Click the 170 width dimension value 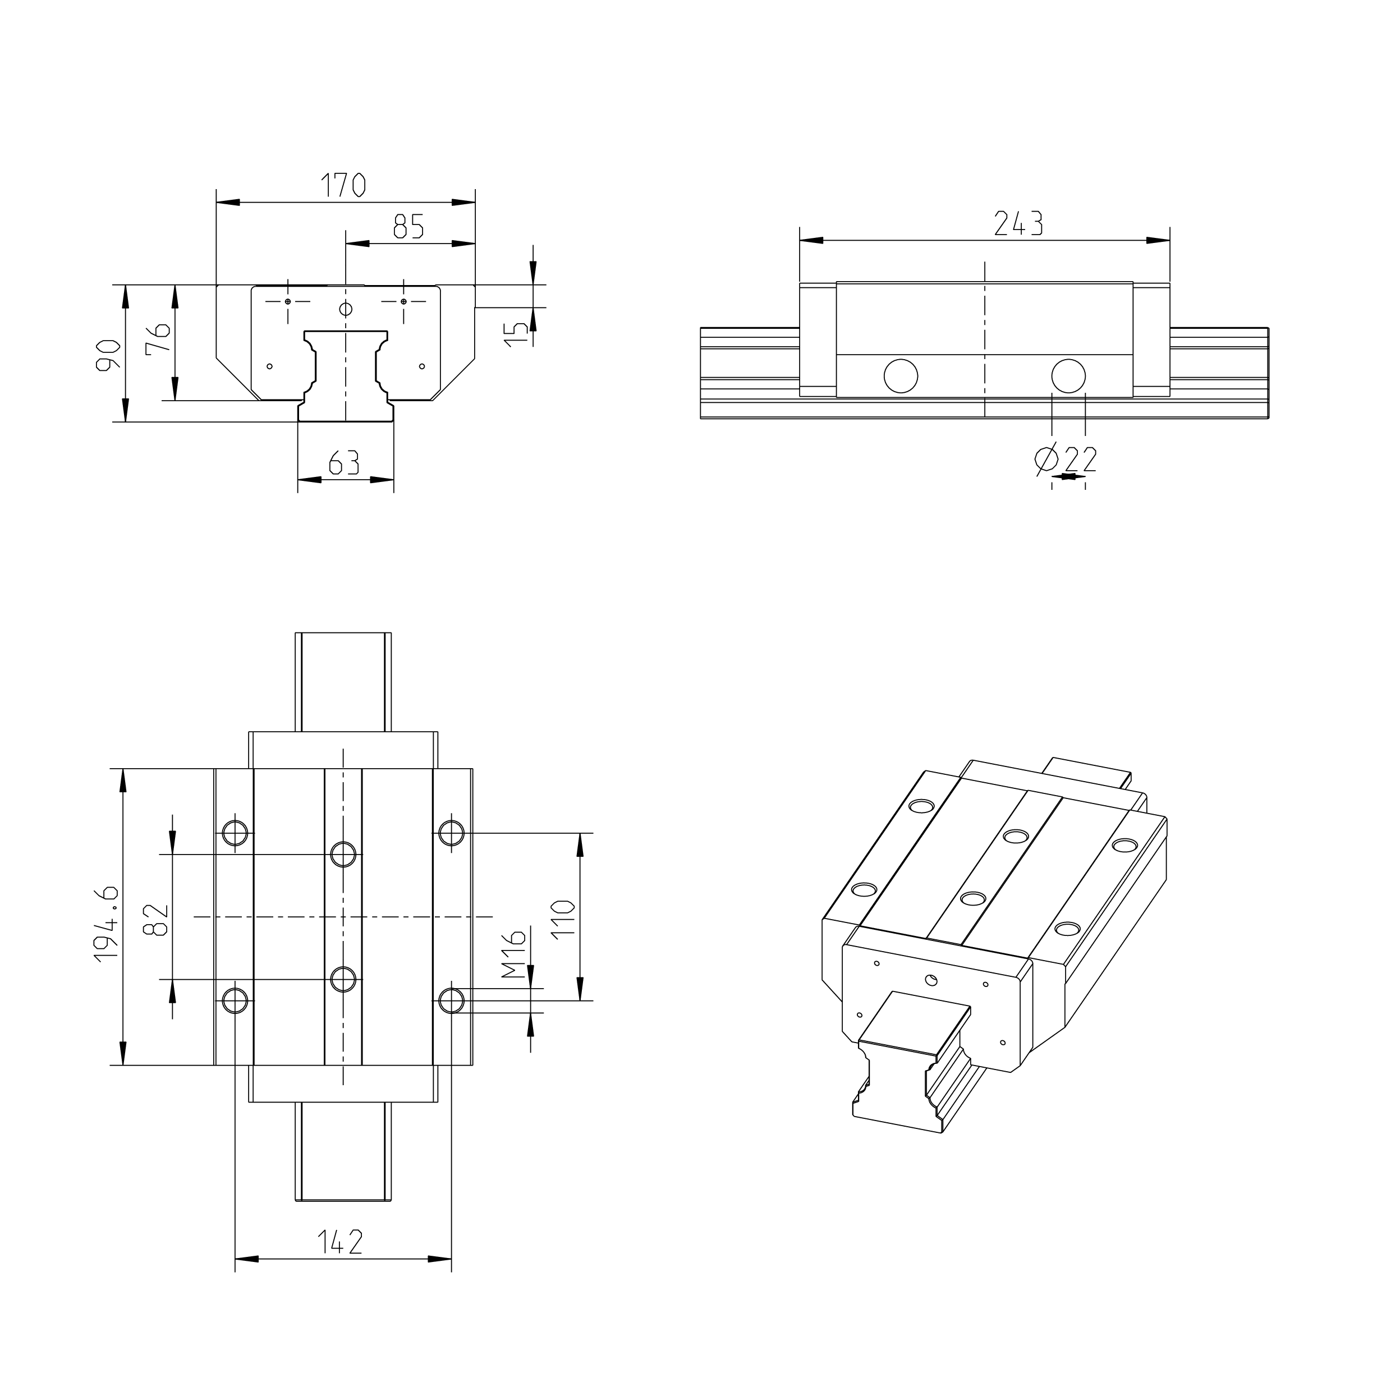[343, 186]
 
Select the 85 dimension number [408, 227]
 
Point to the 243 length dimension [1018, 224]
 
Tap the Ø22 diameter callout [1066, 458]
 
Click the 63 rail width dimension [344, 462]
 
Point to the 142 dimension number [340, 1242]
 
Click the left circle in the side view [900, 376]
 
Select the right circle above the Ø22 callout [1068, 376]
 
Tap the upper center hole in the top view [343, 855]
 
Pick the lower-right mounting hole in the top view [452, 1001]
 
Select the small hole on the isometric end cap [931, 979]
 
